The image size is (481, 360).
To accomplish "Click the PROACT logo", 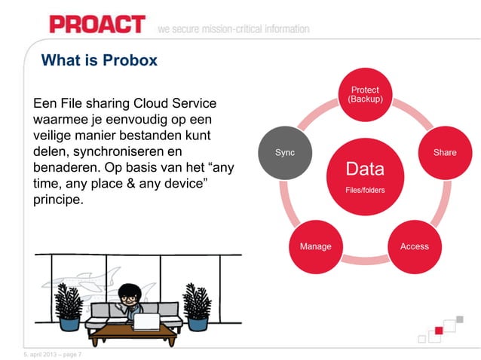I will click(x=97, y=23).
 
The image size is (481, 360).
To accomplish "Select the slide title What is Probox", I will click(x=99, y=60).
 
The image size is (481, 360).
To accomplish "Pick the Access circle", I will click(x=414, y=246).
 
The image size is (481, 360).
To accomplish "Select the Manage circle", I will click(x=315, y=246).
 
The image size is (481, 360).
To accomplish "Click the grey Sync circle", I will click(x=285, y=152).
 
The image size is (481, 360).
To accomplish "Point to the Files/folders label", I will click(x=365, y=190).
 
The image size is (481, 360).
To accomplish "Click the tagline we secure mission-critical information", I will click(x=234, y=29).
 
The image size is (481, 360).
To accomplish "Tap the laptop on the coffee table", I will click(x=146, y=322).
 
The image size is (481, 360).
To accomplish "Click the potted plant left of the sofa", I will click(x=69, y=307).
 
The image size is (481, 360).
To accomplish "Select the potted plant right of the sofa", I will click(x=197, y=307).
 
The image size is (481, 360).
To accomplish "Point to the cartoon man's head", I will click(x=130, y=294).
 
